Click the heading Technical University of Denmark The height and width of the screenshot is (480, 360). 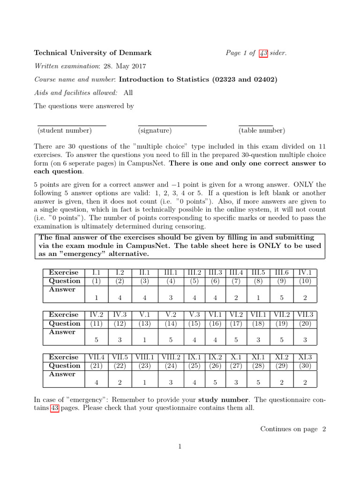(x=92, y=53)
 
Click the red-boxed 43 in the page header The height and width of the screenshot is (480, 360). (x=263, y=53)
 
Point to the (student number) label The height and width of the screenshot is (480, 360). (x=65, y=130)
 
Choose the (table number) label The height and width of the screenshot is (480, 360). (x=262, y=130)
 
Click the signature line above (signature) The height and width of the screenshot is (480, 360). (x=172, y=125)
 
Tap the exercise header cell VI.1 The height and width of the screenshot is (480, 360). (x=215, y=315)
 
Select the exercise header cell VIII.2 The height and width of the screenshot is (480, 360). (x=171, y=357)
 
